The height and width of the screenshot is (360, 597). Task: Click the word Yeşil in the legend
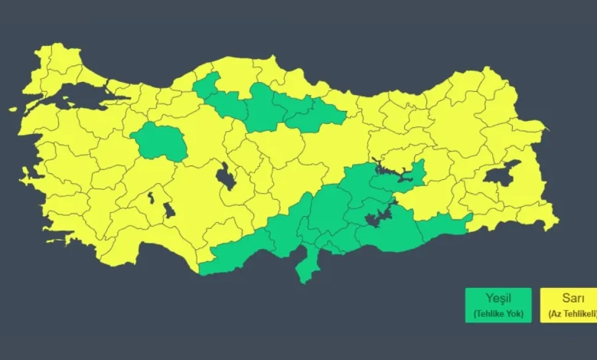[497, 297]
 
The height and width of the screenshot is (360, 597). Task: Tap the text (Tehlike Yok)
[497, 313]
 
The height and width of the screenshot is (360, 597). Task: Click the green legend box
[497, 305]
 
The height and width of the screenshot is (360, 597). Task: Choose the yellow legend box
[569, 305]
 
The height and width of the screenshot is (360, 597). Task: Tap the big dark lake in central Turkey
[226, 177]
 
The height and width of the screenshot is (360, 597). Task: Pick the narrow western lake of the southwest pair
[151, 198]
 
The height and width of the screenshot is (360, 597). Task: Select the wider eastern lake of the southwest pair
[168, 208]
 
